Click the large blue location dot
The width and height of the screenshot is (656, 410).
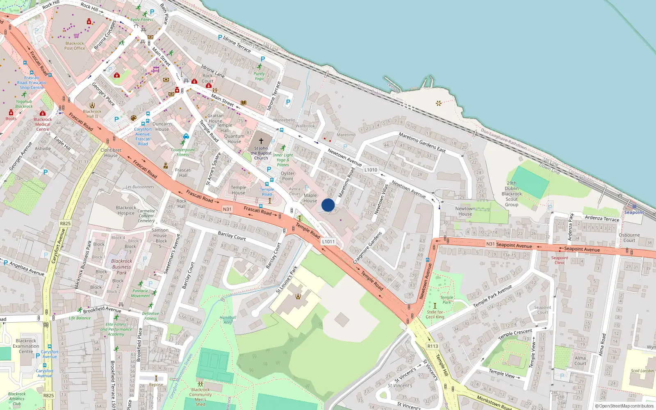pos(328,205)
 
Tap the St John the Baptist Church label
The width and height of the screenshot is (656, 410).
pos(261,153)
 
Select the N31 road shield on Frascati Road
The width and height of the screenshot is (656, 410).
pos(227,209)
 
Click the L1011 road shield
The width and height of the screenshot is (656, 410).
pos(328,241)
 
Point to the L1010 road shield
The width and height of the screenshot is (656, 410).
pos(371,170)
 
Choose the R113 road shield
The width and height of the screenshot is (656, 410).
pos(433,346)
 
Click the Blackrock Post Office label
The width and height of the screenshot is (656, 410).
pos(75,46)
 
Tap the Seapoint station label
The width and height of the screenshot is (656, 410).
pos(634,212)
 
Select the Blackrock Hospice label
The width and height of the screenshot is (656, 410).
pos(126,210)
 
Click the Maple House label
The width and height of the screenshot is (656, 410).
pos(310,198)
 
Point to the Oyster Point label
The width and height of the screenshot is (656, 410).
pos(287,176)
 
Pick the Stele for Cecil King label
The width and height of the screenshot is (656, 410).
pos(435,314)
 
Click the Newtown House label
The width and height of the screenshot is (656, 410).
pos(465,211)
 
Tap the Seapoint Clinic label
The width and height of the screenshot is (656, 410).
pos(560,260)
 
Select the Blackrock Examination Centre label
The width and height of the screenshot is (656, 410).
pos(26,346)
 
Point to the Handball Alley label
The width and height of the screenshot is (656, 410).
pos(228,320)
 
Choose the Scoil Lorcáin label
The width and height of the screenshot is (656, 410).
pos(642,371)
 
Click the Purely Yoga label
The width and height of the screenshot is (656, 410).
pos(259,76)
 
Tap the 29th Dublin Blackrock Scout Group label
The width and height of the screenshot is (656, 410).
pos(512,194)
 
